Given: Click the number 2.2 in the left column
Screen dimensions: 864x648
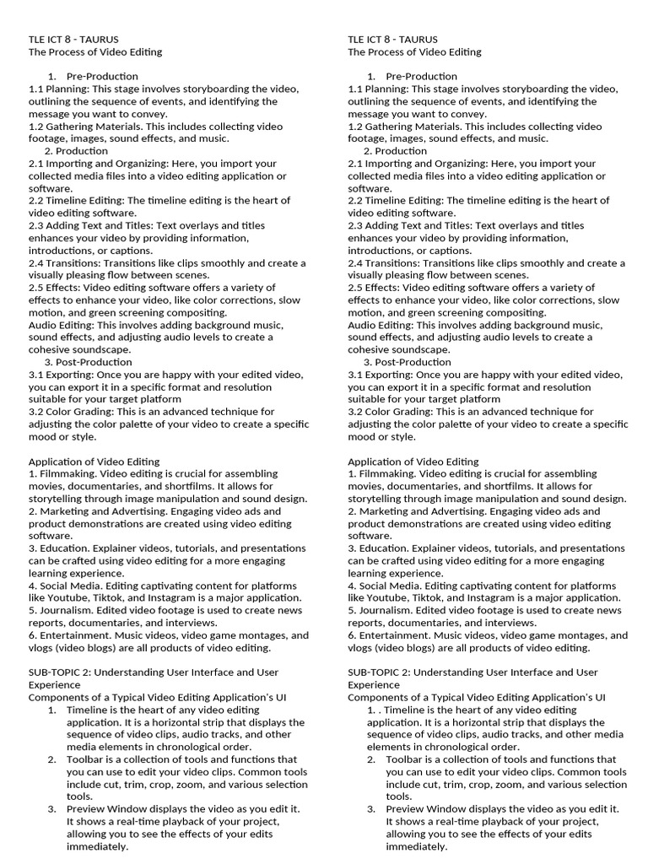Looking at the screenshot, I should pos(36,201).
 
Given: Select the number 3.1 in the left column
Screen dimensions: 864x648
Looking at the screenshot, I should pos(36,375).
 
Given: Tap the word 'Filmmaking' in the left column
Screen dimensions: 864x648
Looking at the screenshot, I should pos(66,474).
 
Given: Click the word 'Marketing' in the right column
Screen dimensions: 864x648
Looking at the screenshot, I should pos(386,511).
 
